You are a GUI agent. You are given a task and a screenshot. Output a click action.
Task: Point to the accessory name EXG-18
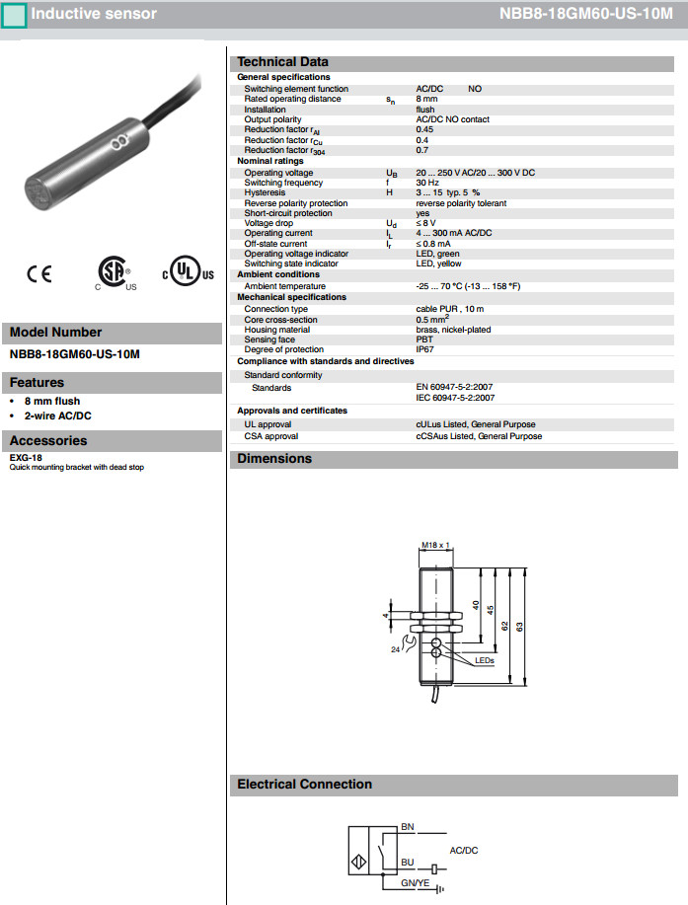pos(25,458)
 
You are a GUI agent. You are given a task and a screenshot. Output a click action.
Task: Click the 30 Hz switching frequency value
pos(426,183)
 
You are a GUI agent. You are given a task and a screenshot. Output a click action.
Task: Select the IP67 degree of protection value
pos(424,349)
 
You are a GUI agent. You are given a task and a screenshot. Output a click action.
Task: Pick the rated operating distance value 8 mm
pos(426,99)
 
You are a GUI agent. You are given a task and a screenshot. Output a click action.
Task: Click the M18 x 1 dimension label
pos(435,545)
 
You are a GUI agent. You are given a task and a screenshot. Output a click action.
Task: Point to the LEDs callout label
pos(485,660)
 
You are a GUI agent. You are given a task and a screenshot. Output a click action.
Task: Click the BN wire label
pos(408,825)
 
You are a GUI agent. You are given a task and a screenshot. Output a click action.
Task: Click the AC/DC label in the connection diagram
pos(464,849)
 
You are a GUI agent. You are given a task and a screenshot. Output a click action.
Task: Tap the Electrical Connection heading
pos(305,785)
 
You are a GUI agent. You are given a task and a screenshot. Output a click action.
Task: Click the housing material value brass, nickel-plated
pos(453,330)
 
